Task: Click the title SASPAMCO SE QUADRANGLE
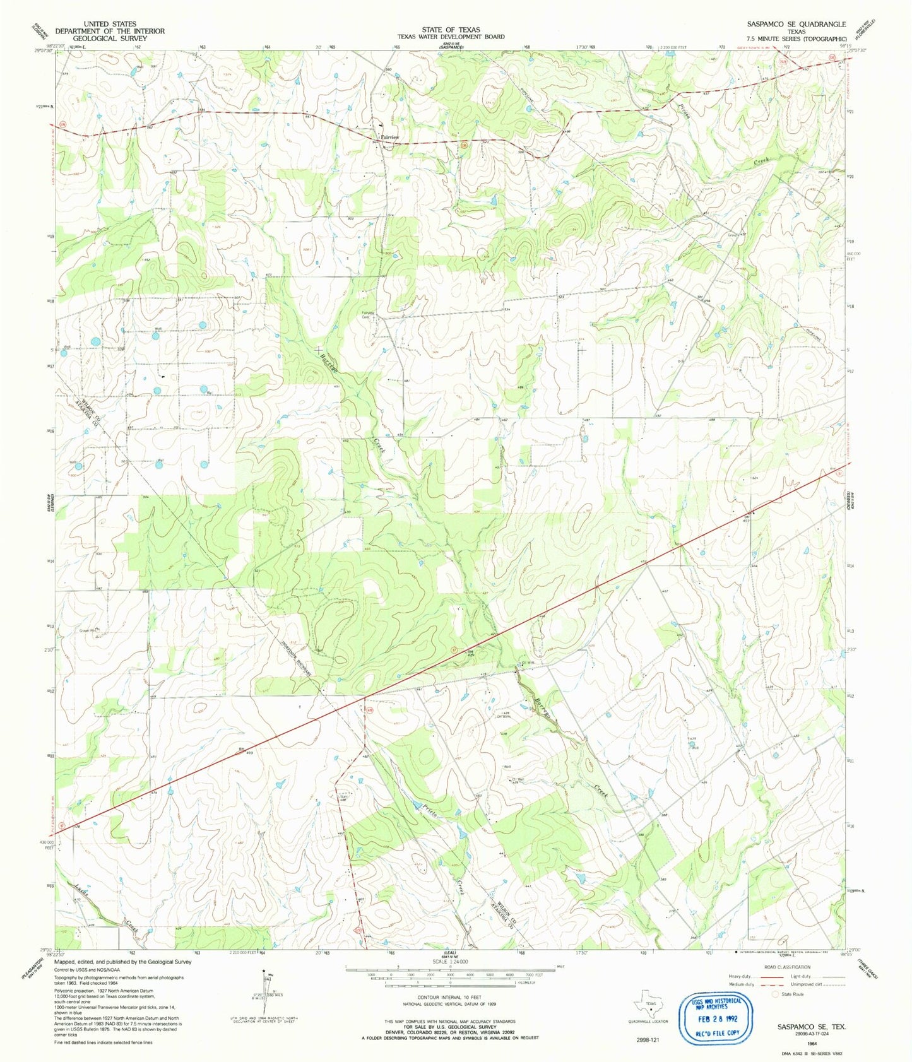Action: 796,24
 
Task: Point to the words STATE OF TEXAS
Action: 451,30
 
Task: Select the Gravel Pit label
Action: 88,630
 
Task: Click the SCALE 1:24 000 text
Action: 451,961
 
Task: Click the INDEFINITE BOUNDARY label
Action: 297,661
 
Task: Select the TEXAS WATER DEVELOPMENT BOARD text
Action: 451,37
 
